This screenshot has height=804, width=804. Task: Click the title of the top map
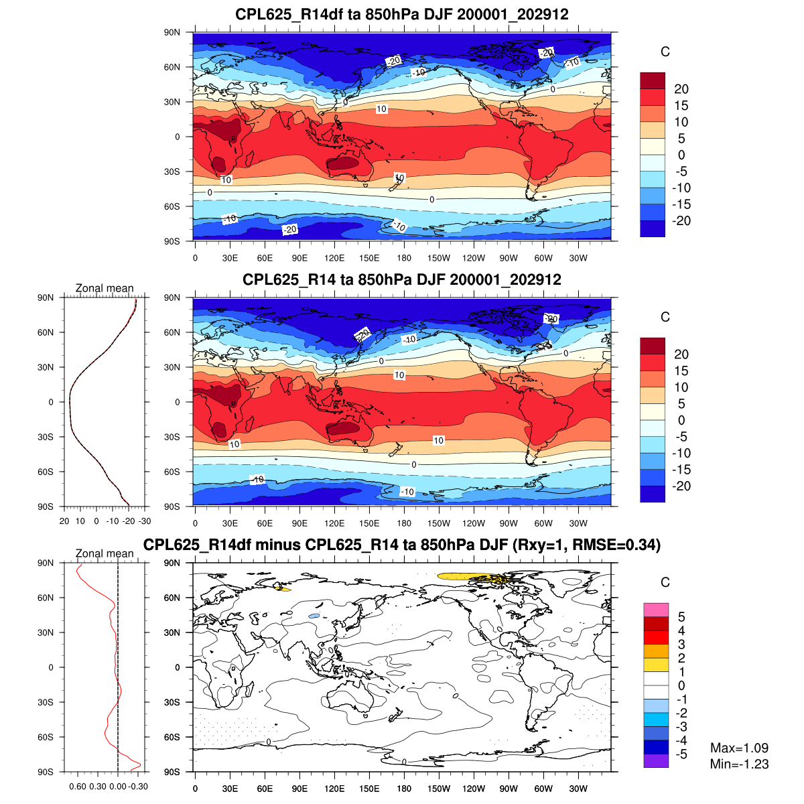pyautogui.click(x=402, y=14)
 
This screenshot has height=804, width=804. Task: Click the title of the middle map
pyautogui.click(x=402, y=279)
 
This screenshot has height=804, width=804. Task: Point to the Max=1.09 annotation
pyautogui.click(x=739, y=748)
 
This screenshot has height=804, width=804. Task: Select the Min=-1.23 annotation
pyautogui.click(x=739, y=764)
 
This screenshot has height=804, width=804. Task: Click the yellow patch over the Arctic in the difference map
pyautogui.click(x=469, y=576)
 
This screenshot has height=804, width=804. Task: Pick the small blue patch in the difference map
pyautogui.click(x=314, y=616)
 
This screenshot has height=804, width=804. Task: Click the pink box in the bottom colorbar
pyautogui.click(x=656, y=610)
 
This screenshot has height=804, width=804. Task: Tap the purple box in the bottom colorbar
pyautogui.click(x=656, y=760)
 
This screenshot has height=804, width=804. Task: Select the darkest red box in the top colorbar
pyautogui.click(x=653, y=80)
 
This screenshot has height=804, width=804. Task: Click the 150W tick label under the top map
pyautogui.click(x=439, y=259)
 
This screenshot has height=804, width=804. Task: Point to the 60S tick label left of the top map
pyautogui.click(x=173, y=206)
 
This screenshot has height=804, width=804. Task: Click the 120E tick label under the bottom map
pyautogui.click(x=334, y=789)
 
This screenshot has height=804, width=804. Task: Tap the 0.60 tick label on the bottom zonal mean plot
pyautogui.click(x=78, y=787)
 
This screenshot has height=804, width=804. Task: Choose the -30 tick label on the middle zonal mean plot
pyautogui.click(x=145, y=521)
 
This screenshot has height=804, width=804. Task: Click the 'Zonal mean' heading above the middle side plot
pyautogui.click(x=105, y=288)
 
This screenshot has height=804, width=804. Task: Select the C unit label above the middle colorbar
pyautogui.click(x=665, y=317)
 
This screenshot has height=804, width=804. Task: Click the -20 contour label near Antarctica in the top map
pyautogui.click(x=289, y=230)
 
